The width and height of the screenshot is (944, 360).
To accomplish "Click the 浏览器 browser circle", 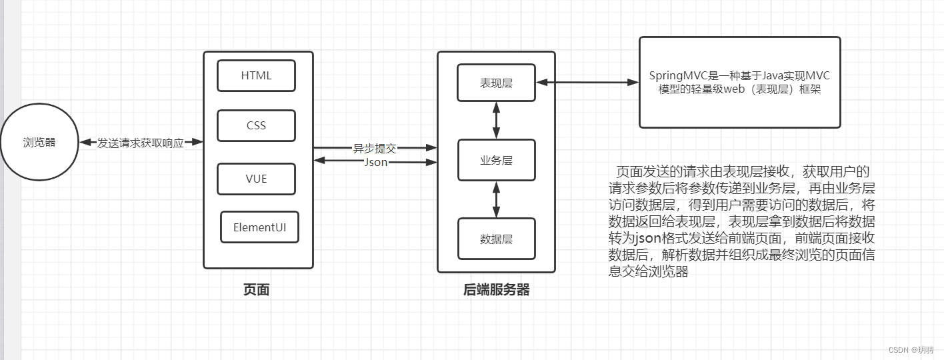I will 39,142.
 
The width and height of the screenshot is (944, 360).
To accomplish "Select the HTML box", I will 256,75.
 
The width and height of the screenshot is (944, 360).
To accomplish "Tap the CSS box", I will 256,126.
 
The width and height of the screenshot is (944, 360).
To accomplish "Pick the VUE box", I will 256,179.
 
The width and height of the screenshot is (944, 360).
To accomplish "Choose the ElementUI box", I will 259,227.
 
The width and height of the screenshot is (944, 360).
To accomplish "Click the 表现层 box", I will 496,83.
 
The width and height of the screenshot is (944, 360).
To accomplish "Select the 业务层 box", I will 496,160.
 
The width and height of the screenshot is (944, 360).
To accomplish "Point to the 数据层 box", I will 496,239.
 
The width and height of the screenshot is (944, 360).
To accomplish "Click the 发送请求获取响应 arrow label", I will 141,143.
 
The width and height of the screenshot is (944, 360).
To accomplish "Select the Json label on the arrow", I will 376,162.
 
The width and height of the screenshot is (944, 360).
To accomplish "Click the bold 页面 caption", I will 257,289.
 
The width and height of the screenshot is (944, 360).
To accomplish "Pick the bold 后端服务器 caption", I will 496,289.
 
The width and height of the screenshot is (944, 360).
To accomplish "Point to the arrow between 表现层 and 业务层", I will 496,120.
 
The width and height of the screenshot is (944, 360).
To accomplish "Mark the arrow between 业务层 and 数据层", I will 496,199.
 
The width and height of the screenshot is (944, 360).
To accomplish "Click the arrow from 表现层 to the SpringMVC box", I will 587,83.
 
